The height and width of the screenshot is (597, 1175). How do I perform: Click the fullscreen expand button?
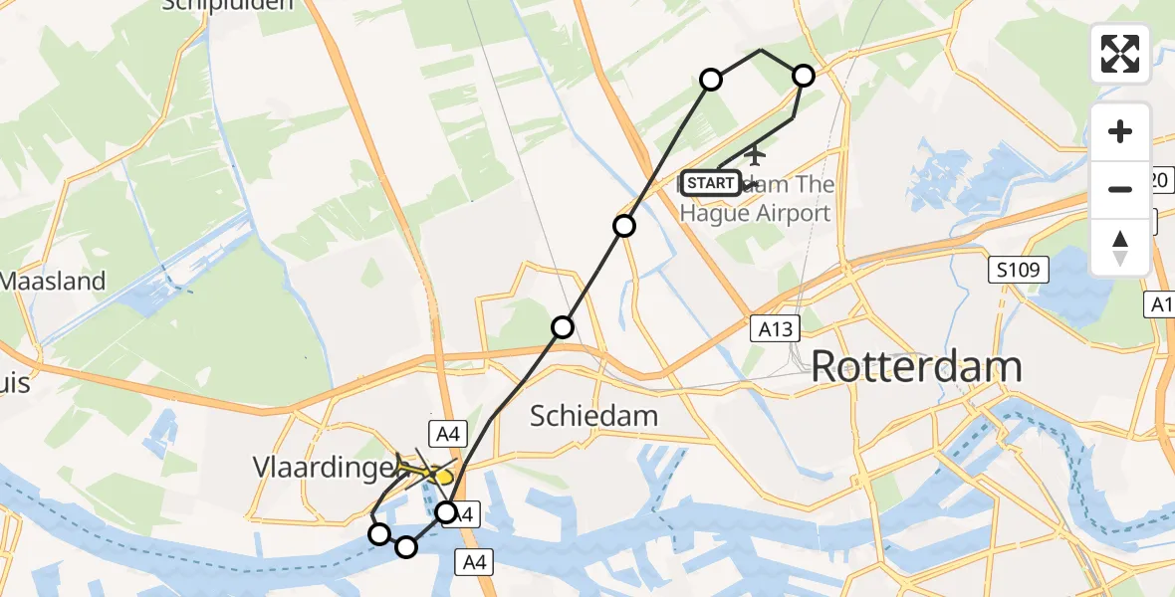pos(1120,54)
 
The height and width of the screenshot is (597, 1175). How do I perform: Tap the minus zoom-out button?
pos(1120,189)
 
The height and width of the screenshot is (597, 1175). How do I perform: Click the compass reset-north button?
pos(1120,248)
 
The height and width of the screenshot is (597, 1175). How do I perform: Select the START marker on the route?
pos(711,183)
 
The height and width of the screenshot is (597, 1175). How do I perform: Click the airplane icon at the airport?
pos(756,155)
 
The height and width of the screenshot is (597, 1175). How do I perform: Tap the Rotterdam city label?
pos(916,367)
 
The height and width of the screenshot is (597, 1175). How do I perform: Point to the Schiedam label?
pos(593,415)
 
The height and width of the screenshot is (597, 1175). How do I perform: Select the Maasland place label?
pos(53,281)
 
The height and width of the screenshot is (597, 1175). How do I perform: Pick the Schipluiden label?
pos(230,5)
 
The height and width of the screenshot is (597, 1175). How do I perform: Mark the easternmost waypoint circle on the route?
pos(803,76)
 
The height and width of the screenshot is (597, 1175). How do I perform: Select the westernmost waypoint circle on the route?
pos(379,534)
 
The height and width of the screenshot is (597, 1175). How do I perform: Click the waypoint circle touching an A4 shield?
pos(447,512)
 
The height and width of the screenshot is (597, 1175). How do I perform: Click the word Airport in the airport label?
pos(780,213)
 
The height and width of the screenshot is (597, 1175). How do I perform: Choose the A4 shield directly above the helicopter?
pos(444,432)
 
